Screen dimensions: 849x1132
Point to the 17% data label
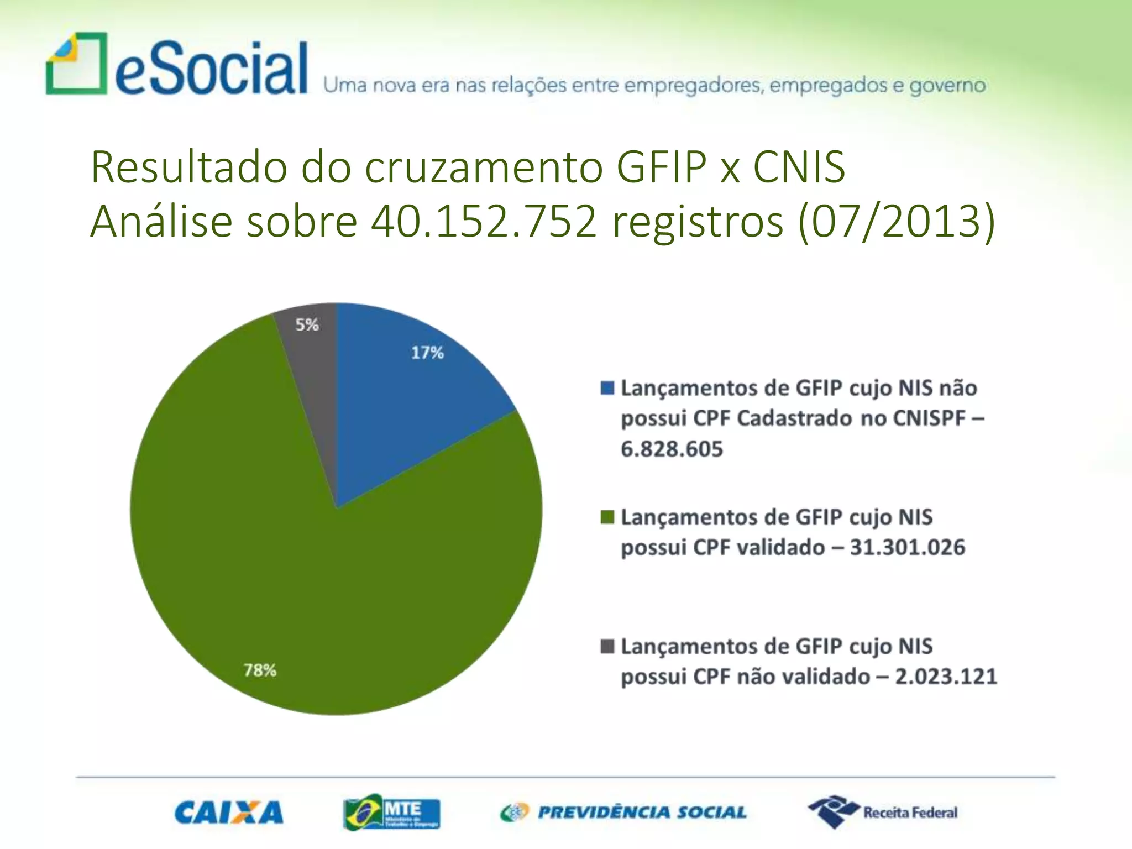tap(427, 353)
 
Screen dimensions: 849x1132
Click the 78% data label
tap(260, 670)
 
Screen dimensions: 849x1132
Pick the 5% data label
tap(307, 324)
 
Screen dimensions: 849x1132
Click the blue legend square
tap(607, 388)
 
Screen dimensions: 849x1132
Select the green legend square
tap(607, 517)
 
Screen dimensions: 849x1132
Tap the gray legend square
tap(607, 646)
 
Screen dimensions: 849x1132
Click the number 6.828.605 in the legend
tap(672, 449)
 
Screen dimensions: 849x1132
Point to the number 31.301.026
tap(907, 547)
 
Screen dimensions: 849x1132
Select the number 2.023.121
tap(946, 677)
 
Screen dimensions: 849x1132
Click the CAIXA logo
tap(229, 813)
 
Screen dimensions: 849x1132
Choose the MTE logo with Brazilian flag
tap(391, 813)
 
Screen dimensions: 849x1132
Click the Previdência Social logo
tap(623, 813)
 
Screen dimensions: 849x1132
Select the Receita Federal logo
tap(883, 812)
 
